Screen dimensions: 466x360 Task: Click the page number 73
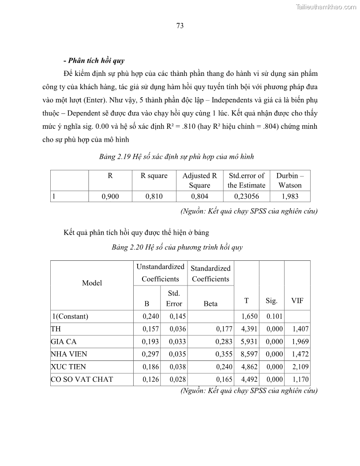pos(180,26)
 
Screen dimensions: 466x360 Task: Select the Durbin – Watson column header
pos(290,180)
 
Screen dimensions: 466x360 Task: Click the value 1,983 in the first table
pos(290,196)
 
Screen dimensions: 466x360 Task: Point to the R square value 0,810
pos(154,196)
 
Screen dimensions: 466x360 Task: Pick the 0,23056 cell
pos(246,196)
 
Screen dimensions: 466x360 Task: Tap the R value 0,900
pos(110,196)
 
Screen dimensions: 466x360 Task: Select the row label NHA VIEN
pos(69,354)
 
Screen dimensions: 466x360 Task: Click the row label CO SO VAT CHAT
pos(82,379)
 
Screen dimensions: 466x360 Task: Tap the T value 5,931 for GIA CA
pos(247,342)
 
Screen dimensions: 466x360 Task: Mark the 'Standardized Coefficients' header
pos(210,273)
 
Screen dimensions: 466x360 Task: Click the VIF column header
pos(297,301)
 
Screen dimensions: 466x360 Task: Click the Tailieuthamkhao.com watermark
pos(326,7)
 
